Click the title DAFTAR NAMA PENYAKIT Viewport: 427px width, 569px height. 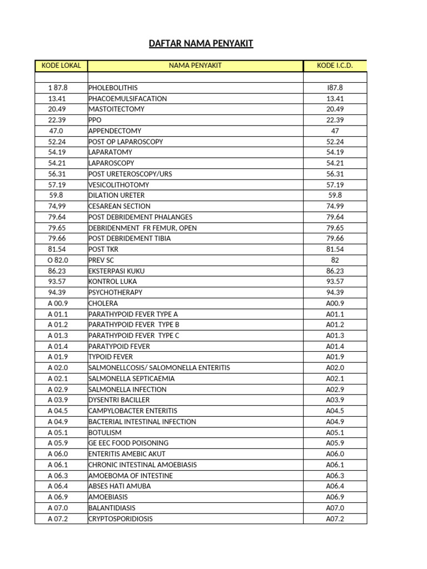coord(201,43)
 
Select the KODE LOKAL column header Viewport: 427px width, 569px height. coord(61,66)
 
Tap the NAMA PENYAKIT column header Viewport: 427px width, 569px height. coord(195,66)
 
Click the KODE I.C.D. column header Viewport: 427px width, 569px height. coord(335,66)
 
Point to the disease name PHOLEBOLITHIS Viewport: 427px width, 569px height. coord(113,88)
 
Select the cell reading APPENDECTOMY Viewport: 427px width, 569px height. coord(115,131)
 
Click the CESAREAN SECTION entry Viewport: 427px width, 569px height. coord(119,206)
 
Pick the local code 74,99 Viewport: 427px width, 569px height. coord(57,206)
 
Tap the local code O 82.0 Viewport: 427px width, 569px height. coord(57,260)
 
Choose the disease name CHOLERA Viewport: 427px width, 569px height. coord(103,303)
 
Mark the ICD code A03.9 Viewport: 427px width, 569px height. coord(335,400)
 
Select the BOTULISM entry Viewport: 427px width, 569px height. coord(105,432)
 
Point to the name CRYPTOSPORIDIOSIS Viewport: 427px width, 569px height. coord(120,519)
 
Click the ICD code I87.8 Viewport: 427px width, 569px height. coord(335,88)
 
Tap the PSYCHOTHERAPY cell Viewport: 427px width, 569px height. coord(115,292)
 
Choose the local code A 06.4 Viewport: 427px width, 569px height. coord(57,486)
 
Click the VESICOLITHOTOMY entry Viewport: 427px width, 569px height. coord(118,184)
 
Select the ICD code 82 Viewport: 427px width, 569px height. coord(335,260)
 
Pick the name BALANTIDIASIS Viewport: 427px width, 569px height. coord(112,508)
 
